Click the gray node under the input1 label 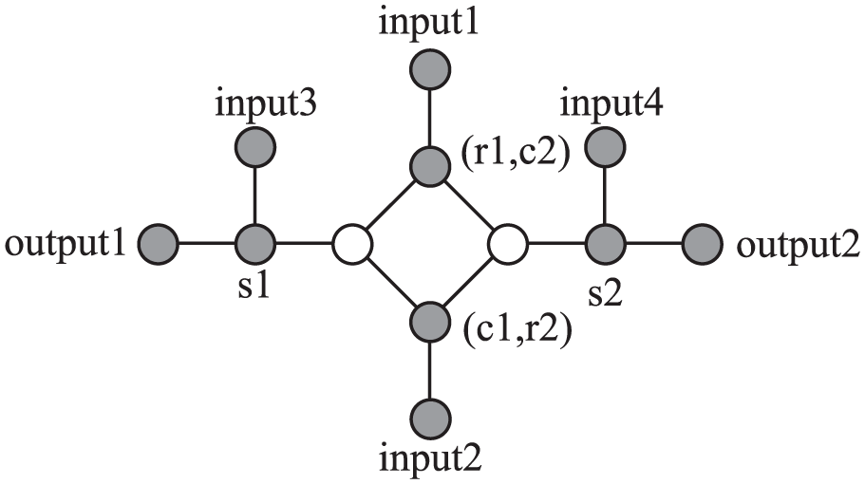click(431, 70)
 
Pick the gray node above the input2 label click(431, 418)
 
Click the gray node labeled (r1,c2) click(431, 167)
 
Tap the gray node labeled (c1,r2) click(431, 322)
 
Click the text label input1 click(431, 21)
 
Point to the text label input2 click(433, 463)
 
